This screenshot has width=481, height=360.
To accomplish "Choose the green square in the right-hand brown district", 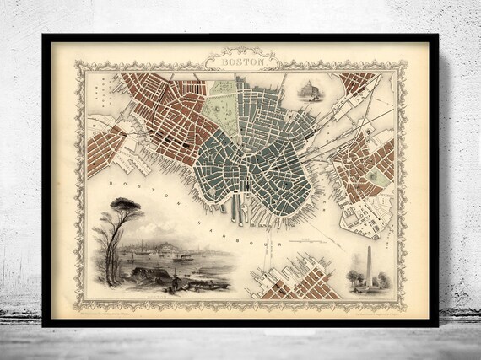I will tap(379, 180).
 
